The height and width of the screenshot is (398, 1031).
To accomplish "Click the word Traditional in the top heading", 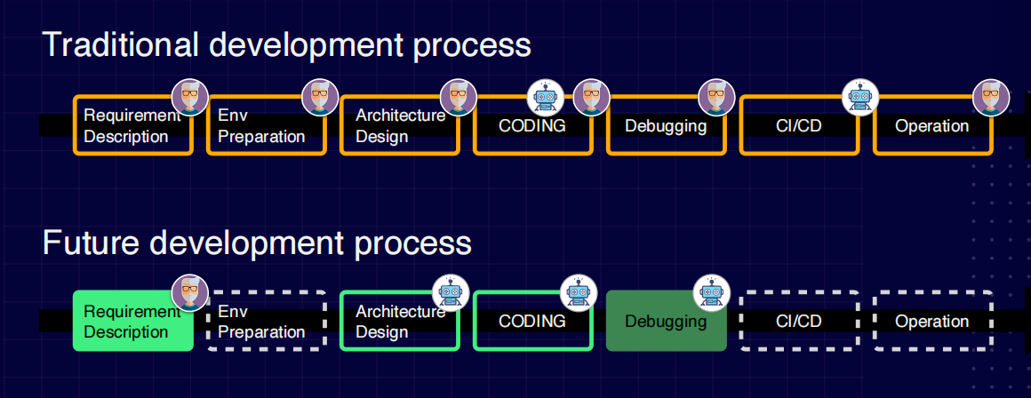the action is pos(121,45).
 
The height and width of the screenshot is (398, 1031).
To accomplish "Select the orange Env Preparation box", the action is pos(267,125).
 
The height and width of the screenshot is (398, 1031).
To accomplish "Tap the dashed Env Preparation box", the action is pos(267,321).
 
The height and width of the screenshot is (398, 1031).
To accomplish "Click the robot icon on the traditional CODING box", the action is pos(546,98).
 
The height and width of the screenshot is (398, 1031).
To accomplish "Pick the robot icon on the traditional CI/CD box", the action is pos(860,98).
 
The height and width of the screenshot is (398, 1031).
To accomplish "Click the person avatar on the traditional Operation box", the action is pos(991,98).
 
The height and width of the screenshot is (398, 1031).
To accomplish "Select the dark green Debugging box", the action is pos(666,321).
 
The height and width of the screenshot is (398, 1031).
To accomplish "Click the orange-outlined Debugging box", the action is pos(666,125).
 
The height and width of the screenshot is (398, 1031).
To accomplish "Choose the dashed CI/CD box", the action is pos(799,321).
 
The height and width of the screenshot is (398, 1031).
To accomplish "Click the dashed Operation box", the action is pos(932,321).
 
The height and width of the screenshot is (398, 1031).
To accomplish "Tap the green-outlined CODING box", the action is pos(532,321).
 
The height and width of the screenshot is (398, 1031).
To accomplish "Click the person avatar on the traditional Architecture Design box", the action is pos(459,98).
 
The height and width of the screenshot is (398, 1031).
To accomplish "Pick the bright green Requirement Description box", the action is pos(132,321).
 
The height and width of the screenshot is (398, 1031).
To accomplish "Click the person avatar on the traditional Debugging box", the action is pos(716,98).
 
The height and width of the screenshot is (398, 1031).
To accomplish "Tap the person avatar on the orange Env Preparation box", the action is pos(320,98).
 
